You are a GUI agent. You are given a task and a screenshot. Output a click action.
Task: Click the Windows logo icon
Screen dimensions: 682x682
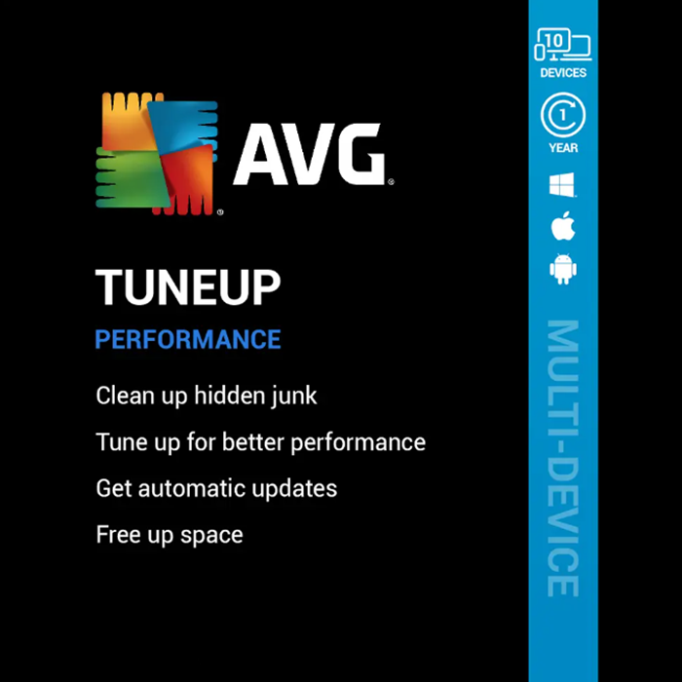pyautogui.click(x=561, y=185)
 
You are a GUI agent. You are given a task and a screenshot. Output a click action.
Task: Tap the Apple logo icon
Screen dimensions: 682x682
pyautogui.click(x=563, y=225)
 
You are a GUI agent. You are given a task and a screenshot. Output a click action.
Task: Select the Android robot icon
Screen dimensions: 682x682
pyautogui.click(x=563, y=269)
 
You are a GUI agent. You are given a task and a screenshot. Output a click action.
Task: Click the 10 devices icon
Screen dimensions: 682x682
pyautogui.click(x=563, y=45)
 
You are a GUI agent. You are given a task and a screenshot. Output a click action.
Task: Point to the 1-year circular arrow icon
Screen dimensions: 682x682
pyautogui.click(x=563, y=115)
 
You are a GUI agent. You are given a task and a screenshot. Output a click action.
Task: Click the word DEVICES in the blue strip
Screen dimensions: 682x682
pyautogui.click(x=563, y=73)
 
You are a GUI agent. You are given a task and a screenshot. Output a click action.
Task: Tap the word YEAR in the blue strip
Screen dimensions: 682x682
pyautogui.click(x=563, y=148)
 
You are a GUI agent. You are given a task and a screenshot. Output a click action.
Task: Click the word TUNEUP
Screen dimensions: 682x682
pyautogui.click(x=188, y=287)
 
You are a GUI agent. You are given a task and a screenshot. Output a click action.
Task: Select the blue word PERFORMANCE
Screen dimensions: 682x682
pyautogui.click(x=188, y=339)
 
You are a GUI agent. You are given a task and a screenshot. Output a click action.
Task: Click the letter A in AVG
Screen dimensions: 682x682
pyautogui.click(x=259, y=154)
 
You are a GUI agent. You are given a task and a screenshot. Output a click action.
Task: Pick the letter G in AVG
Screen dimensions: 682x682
pyautogui.click(x=358, y=154)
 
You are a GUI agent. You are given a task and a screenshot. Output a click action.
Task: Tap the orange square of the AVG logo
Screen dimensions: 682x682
pyautogui.click(x=126, y=123)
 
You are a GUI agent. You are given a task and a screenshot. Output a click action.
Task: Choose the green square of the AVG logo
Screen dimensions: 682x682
pyautogui.click(x=130, y=177)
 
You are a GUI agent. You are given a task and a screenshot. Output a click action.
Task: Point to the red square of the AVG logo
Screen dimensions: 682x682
pyautogui.click(x=186, y=179)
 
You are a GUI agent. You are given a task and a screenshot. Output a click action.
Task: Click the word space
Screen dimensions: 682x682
pyautogui.click(x=211, y=536)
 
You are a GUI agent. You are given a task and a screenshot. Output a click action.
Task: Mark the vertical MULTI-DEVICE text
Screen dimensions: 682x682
pyautogui.click(x=563, y=459)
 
